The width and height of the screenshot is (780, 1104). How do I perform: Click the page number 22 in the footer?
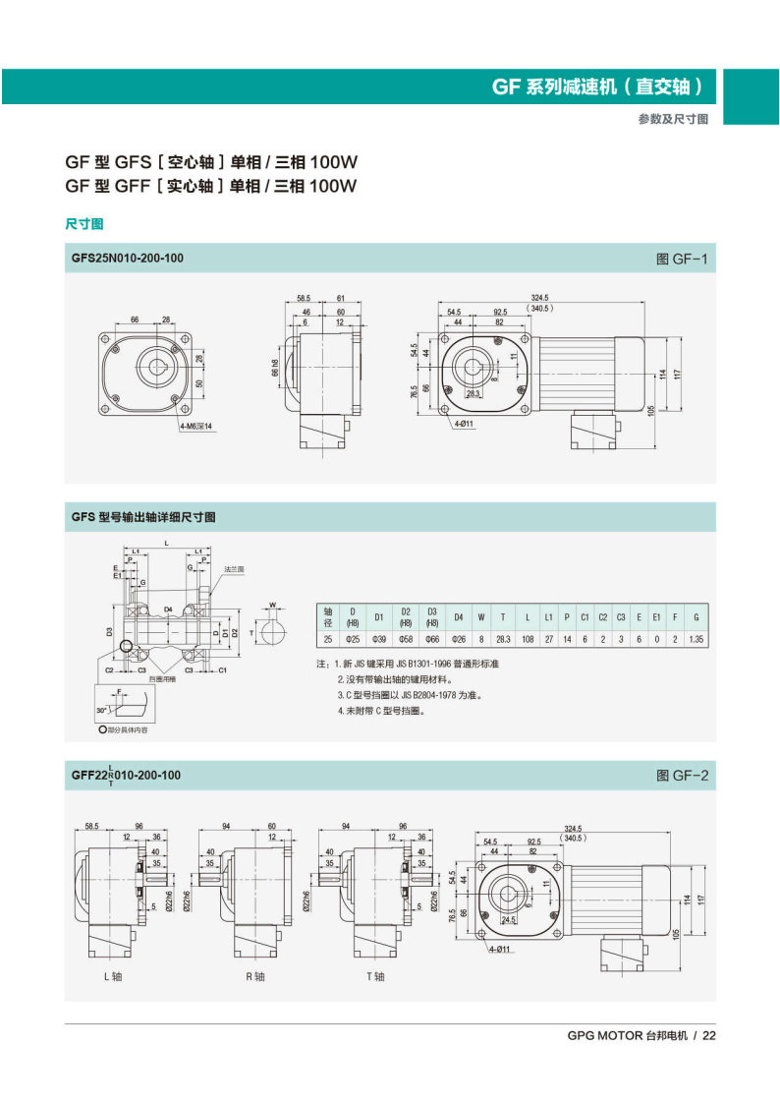[x=709, y=1035]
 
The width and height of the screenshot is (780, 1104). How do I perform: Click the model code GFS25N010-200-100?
[x=127, y=259]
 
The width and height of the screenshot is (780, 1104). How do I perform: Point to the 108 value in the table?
[x=528, y=639]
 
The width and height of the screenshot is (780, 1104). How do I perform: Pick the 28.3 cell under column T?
[x=503, y=639]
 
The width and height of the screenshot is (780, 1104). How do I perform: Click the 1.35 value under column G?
[x=696, y=639]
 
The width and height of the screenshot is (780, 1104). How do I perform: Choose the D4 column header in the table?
[x=457, y=617]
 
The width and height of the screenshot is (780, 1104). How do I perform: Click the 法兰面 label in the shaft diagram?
[x=234, y=568]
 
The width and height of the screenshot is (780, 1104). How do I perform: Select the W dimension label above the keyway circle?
[x=273, y=606]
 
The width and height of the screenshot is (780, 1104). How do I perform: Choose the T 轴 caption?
[x=374, y=976]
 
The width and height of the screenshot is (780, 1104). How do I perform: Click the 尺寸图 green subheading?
[x=84, y=224]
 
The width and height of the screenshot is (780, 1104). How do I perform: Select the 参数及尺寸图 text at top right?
[x=673, y=118]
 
